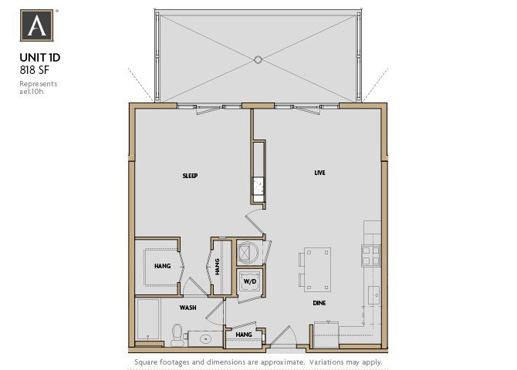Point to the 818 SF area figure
coord(35,69)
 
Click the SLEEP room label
coord(190,176)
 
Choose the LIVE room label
coord(319,173)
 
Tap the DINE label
coord(319,303)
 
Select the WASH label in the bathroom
coord(188,307)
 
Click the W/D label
coord(249,282)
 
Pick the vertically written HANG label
coord(218,266)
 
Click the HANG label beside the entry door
coord(244,335)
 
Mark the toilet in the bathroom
coord(177,334)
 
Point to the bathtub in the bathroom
coord(147,320)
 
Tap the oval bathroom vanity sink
coord(205,337)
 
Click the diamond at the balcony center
coord(258,59)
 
